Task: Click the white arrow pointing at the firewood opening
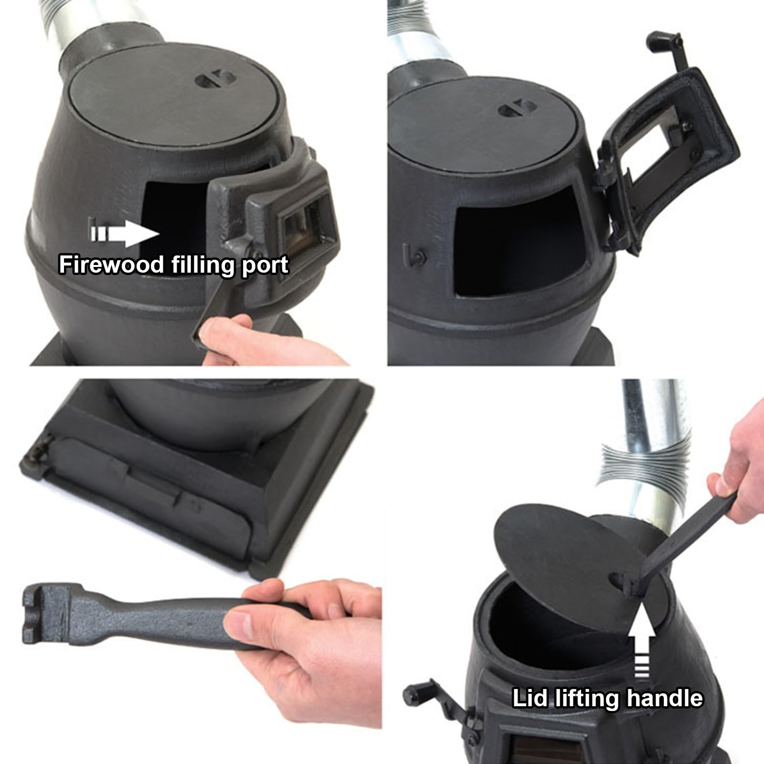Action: (124, 234)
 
